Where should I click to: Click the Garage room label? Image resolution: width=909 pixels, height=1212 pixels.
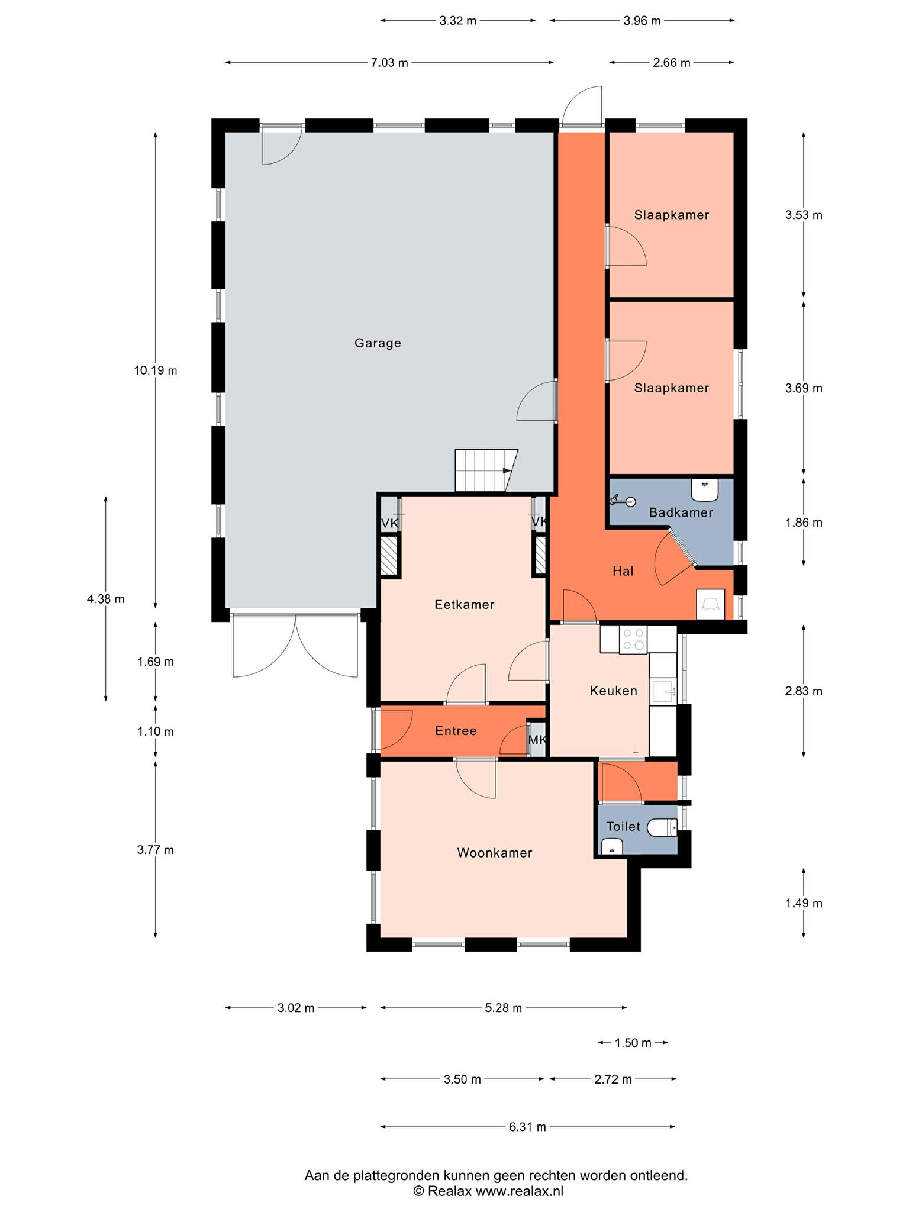tap(378, 343)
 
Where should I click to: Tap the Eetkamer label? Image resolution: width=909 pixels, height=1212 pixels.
tap(464, 604)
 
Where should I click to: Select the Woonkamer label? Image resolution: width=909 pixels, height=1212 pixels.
tap(495, 853)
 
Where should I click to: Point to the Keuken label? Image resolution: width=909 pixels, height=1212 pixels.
tap(614, 691)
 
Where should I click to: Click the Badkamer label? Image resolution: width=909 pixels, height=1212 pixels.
tap(681, 512)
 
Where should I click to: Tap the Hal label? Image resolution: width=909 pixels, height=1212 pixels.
tap(623, 571)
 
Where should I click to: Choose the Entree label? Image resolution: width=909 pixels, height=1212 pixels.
tap(456, 731)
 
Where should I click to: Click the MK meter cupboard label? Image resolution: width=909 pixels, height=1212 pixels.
tap(537, 740)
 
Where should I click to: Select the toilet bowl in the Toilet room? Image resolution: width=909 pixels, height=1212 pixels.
tap(662, 827)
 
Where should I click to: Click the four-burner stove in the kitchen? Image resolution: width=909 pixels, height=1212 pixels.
tap(633, 640)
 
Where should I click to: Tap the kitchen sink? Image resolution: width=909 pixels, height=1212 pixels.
tap(663, 691)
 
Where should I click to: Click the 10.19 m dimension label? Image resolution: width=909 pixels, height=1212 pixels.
tap(156, 371)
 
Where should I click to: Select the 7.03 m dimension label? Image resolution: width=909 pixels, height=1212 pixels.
tap(389, 63)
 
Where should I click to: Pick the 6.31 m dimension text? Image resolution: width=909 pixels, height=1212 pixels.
tap(527, 1127)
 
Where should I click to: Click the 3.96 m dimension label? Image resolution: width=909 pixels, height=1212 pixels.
tap(642, 21)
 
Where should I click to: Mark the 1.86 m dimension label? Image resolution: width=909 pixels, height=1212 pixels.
tap(804, 523)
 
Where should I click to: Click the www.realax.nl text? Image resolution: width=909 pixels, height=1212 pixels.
tap(520, 1191)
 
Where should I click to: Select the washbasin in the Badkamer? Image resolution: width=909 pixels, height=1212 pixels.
tap(705, 489)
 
